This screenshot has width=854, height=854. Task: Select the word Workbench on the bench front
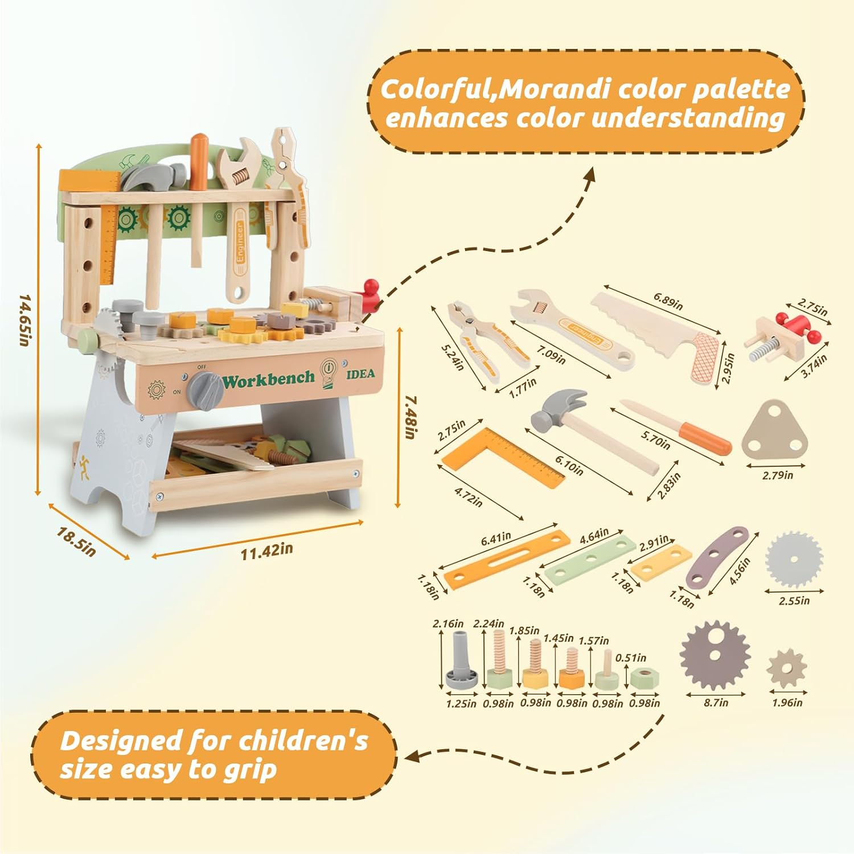(269, 379)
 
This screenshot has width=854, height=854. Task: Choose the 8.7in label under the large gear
(716, 703)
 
